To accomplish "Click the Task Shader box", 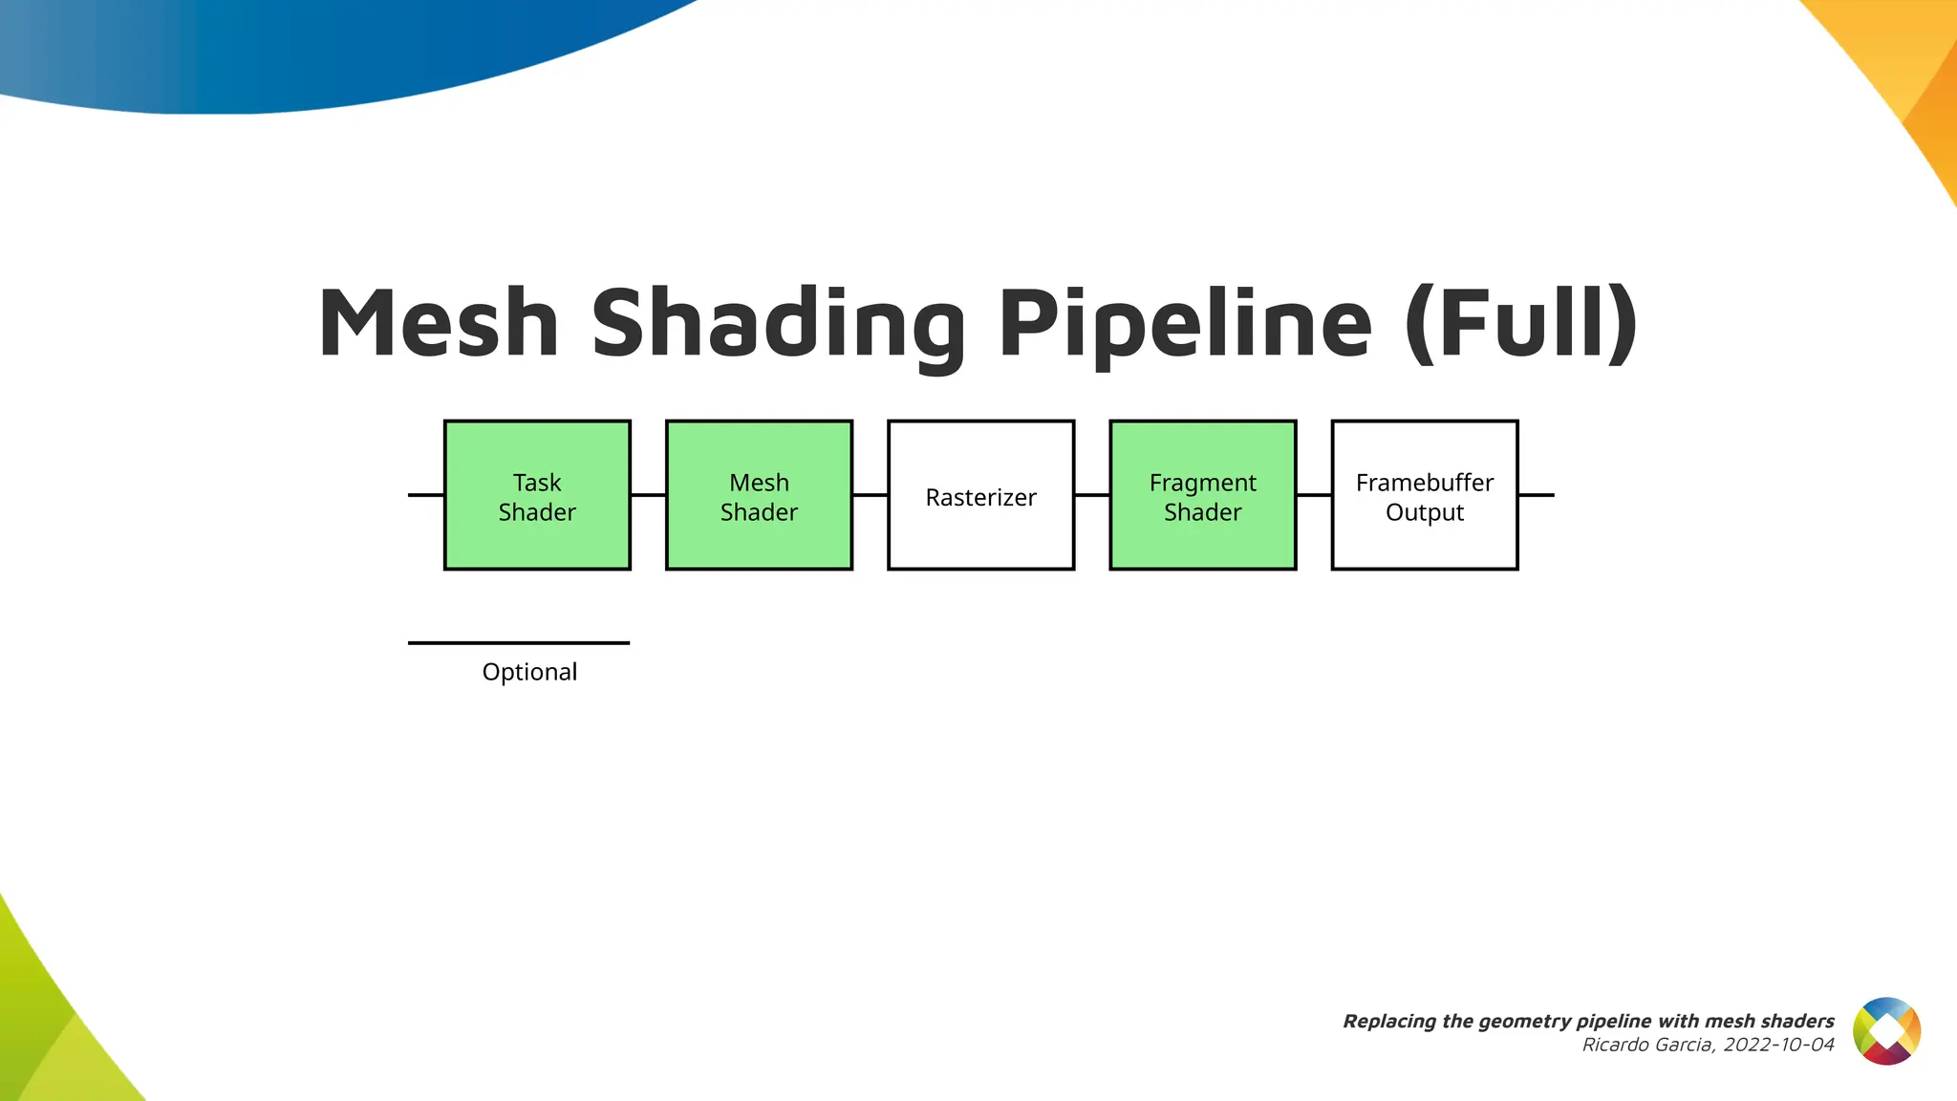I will click(537, 496).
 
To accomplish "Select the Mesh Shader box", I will click(759, 496).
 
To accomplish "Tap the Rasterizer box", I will click(980, 496).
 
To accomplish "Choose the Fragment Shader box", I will click(1202, 496).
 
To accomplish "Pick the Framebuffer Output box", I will click(1424, 496).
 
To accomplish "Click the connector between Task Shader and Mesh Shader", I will click(648, 495).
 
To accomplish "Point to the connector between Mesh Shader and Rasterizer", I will click(870, 495).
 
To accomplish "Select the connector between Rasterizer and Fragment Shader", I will click(1091, 495).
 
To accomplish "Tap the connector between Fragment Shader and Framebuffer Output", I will click(1313, 495).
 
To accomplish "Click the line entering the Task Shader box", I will click(426, 495).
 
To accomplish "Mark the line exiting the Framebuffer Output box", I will click(1536, 495).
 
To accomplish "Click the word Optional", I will click(529, 672).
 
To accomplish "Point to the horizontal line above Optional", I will click(519, 643).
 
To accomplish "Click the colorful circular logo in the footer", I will click(1886, 1031).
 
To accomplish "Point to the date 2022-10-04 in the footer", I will click(1778, 1045).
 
